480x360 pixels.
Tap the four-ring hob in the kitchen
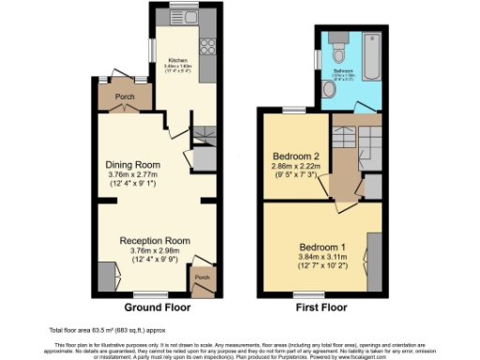tap(208, 47)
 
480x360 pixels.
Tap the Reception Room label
tap(155, 240)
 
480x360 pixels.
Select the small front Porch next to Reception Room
tap(201, 278)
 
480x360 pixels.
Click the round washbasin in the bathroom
tap(327, 89)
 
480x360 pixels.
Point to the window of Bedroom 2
tap(294, 111)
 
